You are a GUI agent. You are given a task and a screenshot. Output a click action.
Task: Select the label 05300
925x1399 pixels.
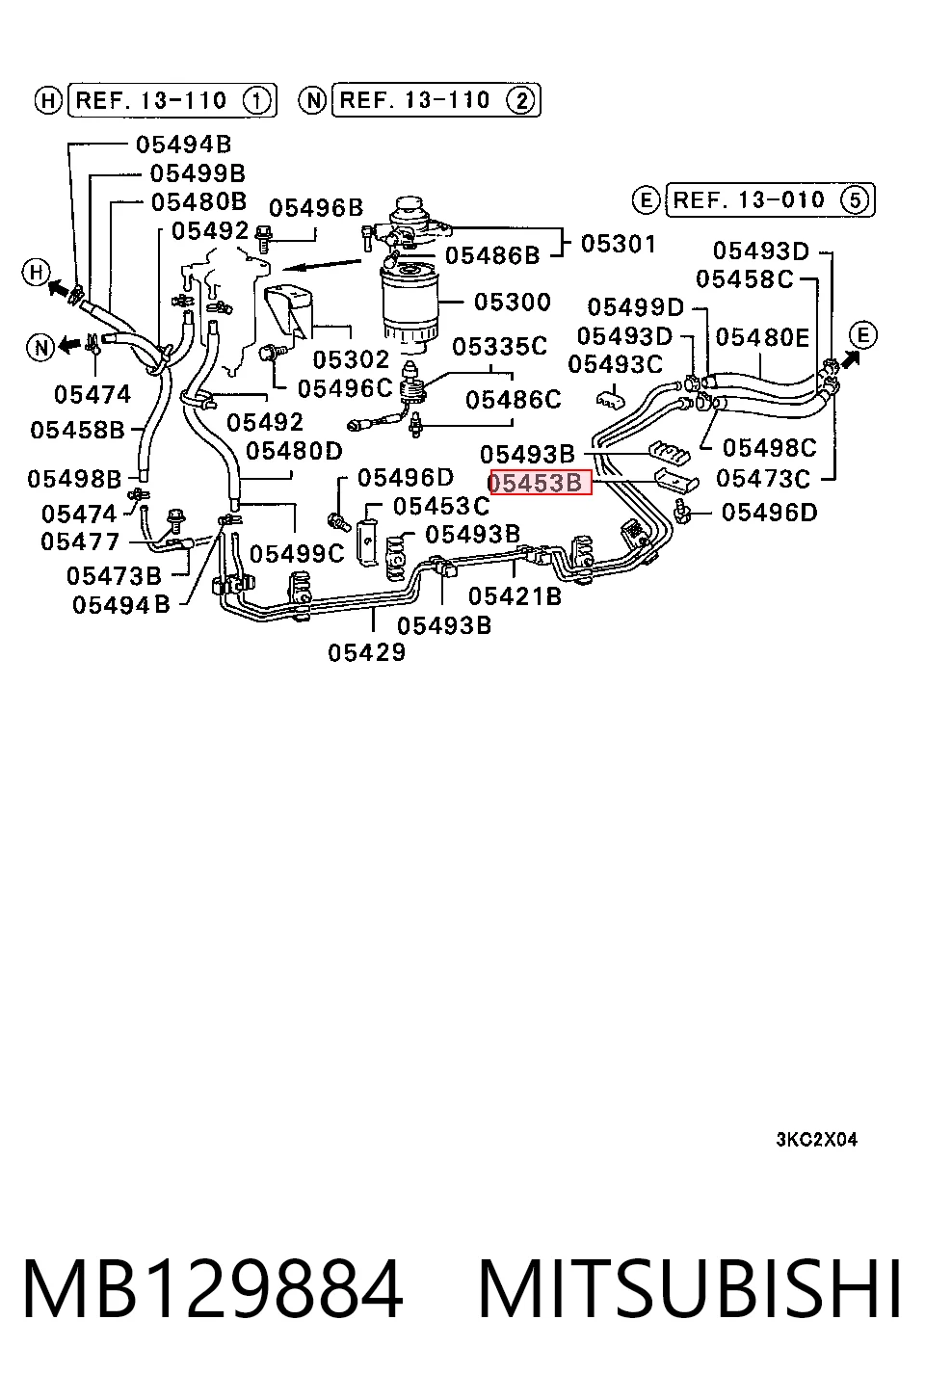click(513, 303)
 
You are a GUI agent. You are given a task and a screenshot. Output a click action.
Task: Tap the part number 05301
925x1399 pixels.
click(619, 244)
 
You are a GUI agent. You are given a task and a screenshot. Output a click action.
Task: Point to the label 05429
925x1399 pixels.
click(366, 652)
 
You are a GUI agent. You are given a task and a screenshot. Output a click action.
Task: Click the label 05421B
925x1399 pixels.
click(515, 596)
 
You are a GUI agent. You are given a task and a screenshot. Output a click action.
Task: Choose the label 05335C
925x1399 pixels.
click(500, 346)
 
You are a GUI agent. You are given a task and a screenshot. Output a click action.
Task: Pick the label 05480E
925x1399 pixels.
click(762, 337)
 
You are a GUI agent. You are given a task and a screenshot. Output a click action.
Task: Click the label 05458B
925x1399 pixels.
click(77, 430)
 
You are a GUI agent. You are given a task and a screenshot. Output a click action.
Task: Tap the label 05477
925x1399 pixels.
click(80, 541)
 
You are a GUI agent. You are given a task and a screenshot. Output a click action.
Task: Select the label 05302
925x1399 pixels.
click(351, 359)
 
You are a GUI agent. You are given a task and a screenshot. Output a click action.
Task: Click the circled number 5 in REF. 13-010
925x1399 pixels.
click(855, 200)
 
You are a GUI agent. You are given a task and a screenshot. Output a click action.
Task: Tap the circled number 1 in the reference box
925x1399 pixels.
click(256, 100)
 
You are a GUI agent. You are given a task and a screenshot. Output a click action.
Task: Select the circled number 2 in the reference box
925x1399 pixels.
click(521, 100)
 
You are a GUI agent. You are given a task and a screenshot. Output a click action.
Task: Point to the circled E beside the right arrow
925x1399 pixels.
click(863, 335)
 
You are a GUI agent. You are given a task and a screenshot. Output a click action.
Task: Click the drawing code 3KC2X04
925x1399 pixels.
click(817, 1140)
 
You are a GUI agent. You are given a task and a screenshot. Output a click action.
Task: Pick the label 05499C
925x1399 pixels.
click(298, 553)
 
